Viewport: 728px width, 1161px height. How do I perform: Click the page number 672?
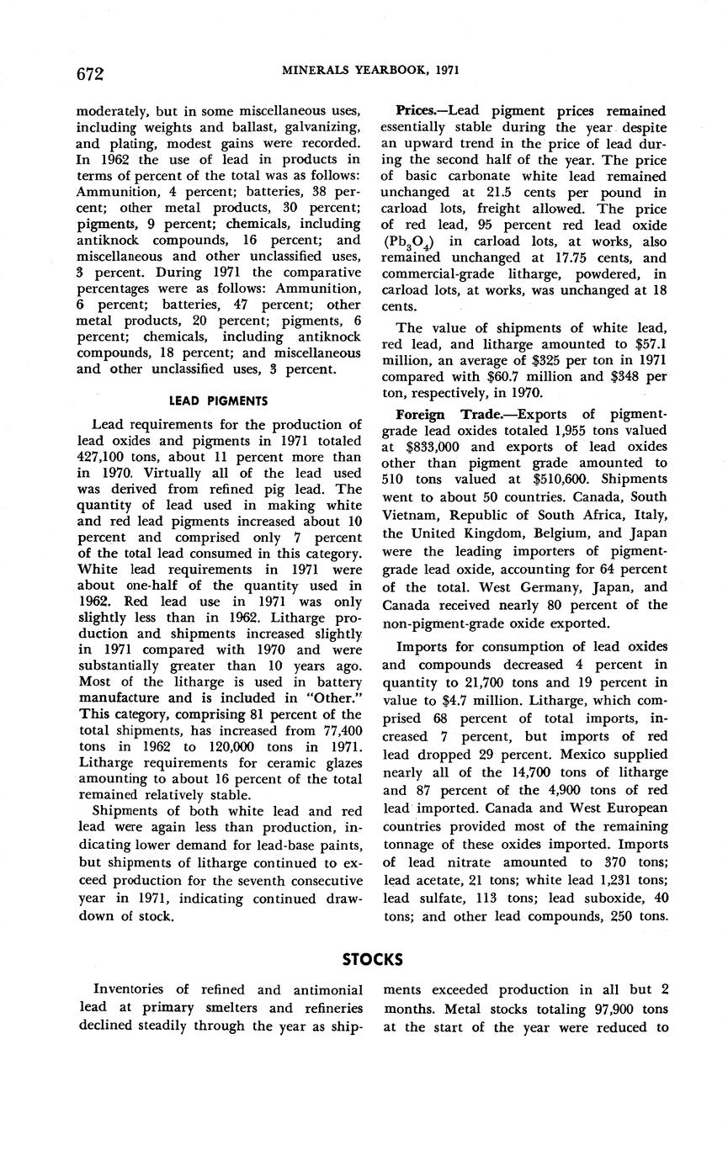pos(89,74)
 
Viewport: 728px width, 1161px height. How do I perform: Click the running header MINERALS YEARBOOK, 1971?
pos(371,71)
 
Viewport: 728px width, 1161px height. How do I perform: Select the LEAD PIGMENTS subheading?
pos(219,401)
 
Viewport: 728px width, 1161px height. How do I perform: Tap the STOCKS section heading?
pos(372,959)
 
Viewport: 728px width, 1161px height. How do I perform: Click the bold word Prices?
pos(415,111)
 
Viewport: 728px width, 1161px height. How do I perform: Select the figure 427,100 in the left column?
pos(103,457)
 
